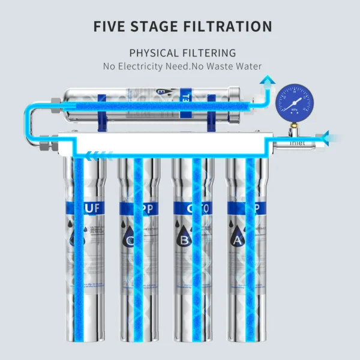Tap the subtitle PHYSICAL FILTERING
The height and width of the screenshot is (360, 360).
tap(182, 53)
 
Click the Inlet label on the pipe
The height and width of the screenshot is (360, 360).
tap(298, 143)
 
